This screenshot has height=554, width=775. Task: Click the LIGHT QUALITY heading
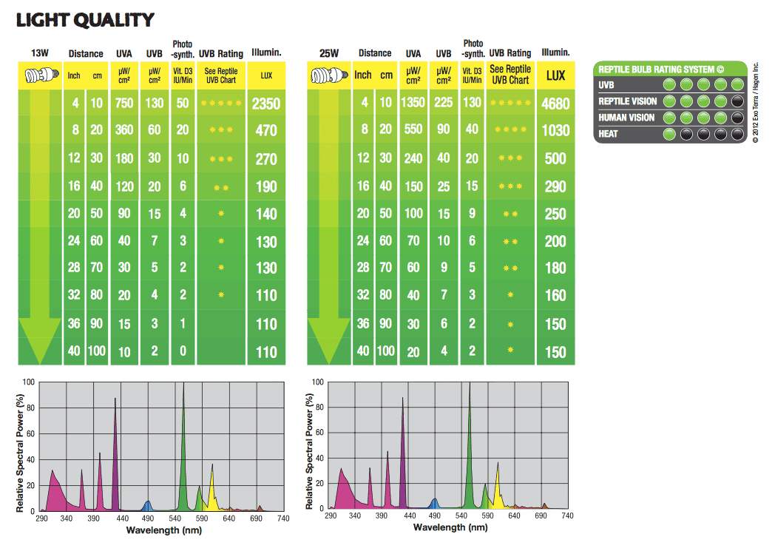(85, 20)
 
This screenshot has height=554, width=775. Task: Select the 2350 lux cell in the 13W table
(266, 104)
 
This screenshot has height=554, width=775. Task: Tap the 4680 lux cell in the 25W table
(555, 104)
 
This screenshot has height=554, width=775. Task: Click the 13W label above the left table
(40, 53)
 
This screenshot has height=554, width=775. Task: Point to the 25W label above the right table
(329, 53)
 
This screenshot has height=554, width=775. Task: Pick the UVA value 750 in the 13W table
(124, 104)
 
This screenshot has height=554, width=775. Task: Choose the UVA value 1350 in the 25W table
(413, 104)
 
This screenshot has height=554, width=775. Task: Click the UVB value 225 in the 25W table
(444, 104)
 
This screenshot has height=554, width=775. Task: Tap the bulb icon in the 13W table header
(40, 75)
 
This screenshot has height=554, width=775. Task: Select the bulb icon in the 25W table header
(329, 75)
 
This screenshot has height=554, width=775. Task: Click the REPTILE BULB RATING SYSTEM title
(657, 70)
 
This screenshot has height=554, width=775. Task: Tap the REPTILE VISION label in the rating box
(628, 101)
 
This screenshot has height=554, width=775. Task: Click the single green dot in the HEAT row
(669, 134)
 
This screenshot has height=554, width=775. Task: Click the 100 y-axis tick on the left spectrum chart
(29, 382)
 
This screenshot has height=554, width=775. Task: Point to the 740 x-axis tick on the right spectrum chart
(566, 517)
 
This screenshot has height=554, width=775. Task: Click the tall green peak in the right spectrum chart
(469, 444)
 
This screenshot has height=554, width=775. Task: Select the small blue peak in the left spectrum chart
(147, 506)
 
